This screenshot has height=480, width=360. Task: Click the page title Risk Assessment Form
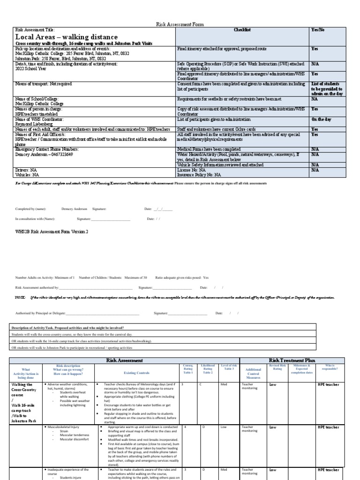(180, 24)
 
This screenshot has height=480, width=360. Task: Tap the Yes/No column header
(318, 30)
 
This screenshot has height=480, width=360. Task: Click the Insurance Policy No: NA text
(199, 174)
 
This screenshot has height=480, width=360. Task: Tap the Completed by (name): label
(31, 209)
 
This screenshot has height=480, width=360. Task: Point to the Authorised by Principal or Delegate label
(40, 313)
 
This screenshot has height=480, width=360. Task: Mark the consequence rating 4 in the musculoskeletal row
(185, 427)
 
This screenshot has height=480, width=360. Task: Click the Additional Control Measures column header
(253, 373)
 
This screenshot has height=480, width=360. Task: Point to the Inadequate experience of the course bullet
(68, 469)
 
